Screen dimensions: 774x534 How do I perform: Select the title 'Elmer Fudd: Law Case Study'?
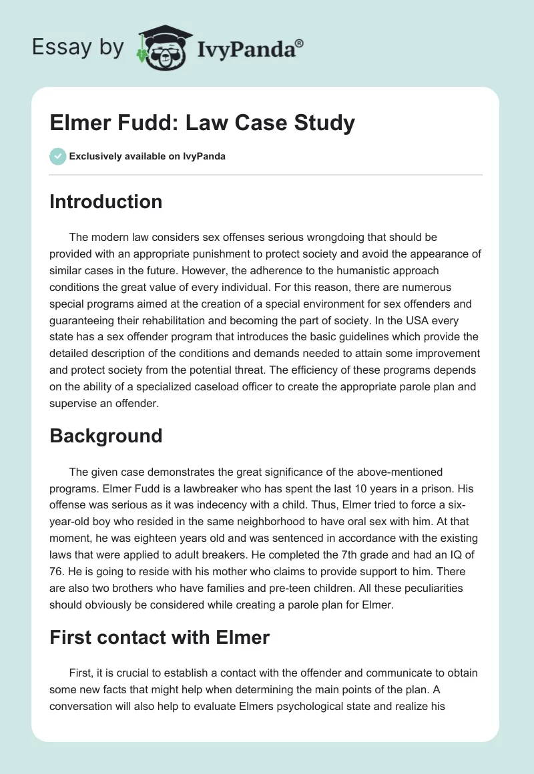click(202, 123)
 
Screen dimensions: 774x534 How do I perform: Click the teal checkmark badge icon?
click(57, 156)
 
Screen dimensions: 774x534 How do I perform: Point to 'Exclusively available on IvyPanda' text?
click(147, 156)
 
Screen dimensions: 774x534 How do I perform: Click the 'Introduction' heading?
click(105, 202)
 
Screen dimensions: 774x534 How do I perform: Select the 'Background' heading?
click(105, 436)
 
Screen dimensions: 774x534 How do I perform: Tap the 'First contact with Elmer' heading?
click(159, 637)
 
